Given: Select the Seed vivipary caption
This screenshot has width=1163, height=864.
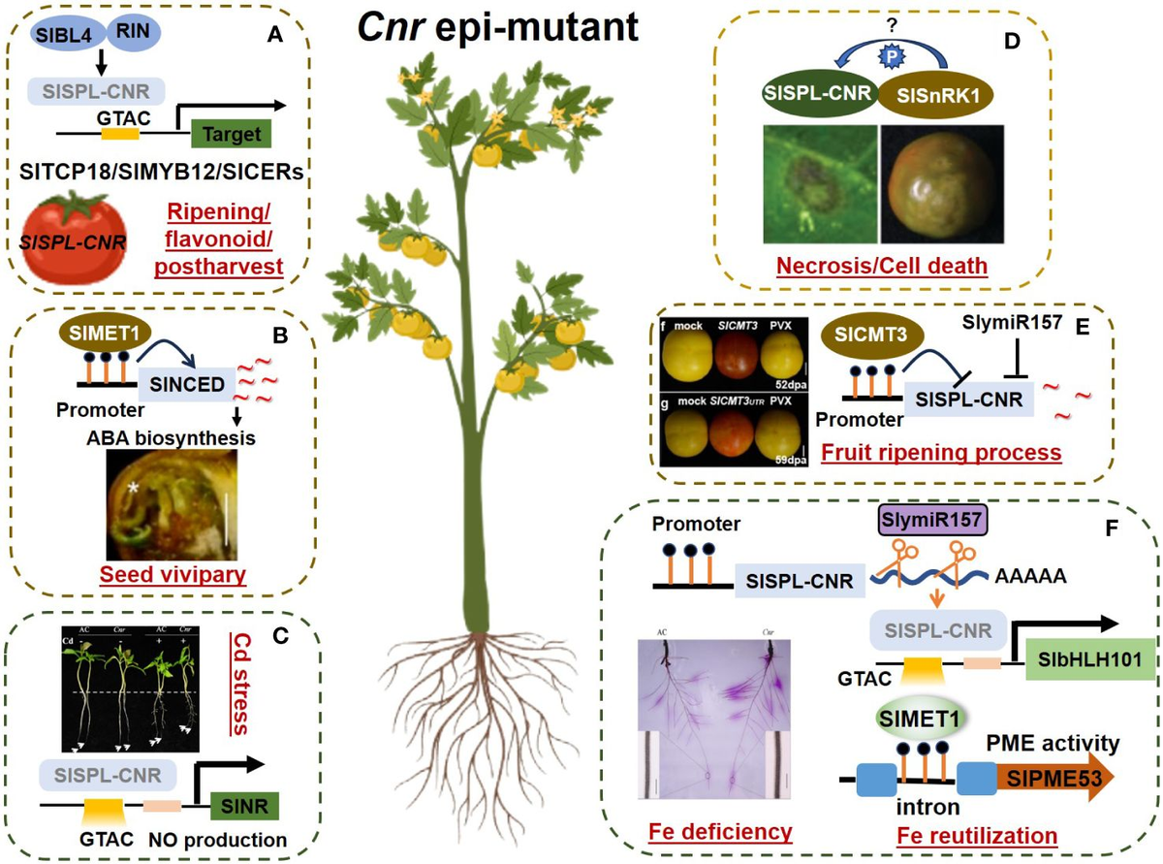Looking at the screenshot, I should click(x=173, y=574).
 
